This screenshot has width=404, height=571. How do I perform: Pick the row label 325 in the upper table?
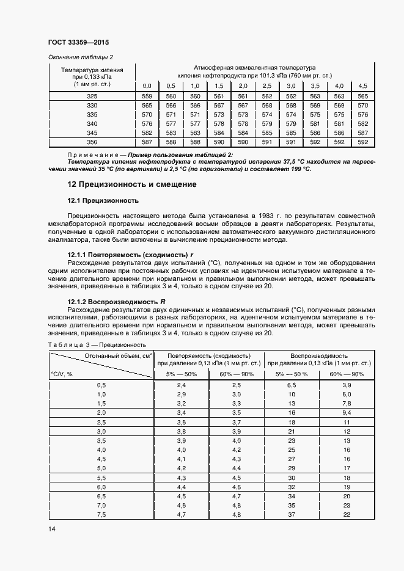[92, 96]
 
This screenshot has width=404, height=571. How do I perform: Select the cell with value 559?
[147, 96]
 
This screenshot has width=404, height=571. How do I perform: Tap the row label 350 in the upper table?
[92, 142]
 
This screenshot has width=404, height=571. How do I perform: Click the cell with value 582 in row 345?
[147, 133]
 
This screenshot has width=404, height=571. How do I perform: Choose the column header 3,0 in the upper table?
[291, 85]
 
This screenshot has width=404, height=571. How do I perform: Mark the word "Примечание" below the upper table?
[88, 155]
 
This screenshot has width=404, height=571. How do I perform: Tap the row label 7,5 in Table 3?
[101, 515]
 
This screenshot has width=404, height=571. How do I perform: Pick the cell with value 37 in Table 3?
[291, 515]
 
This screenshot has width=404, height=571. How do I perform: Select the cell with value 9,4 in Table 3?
[346, 413]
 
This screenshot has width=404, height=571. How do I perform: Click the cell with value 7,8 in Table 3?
[346, 404]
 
